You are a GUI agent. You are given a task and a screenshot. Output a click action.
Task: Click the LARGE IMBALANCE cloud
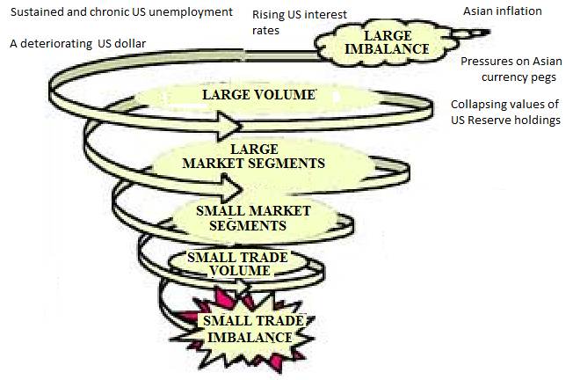click(x=388, y=43)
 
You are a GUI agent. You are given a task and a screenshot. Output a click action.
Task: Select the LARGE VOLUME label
click(x=259, y=95)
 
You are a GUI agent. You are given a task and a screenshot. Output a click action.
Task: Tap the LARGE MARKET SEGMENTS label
click(x=254, y=157)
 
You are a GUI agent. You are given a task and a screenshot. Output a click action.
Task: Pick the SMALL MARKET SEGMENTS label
click(x=253, y=218)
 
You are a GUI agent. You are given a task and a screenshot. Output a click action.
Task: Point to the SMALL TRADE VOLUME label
click(x=237, y=264)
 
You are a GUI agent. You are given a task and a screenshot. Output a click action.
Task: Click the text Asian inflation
click(x=503, y=11)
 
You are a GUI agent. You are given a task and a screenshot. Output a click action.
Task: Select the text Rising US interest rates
click(x=300, y=22)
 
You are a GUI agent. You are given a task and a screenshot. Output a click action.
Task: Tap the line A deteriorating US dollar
click(x=78, y=44)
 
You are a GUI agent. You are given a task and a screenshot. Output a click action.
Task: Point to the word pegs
click(x=544, y=78)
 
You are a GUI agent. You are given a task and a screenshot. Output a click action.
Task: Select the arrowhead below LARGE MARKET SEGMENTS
click(x=232, y=189)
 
